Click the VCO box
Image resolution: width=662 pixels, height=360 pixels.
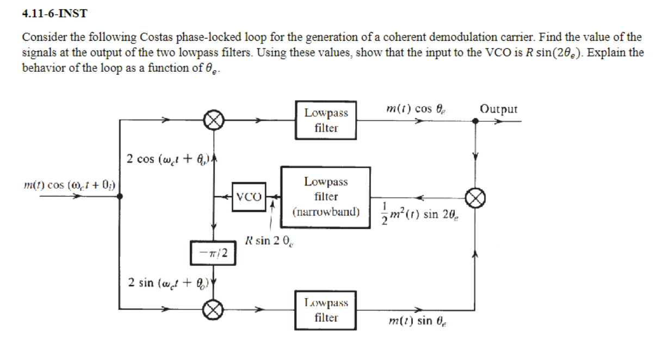point(249,196)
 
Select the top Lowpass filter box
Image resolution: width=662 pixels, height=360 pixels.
point(326,121)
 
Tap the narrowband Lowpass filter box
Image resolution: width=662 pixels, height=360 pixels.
point(326,197)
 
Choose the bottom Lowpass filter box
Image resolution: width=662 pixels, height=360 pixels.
point(326,310)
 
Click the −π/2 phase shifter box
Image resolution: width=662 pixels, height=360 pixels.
point(213,253)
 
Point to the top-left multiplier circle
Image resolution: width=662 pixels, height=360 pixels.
point(213,121)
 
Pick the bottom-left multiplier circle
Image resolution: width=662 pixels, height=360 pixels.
point(213,310)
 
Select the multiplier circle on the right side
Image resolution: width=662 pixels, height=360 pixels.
point(475,197)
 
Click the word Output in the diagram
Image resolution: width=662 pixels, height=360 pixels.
point(499,109)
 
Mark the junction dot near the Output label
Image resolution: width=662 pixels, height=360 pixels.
point(475,121)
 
